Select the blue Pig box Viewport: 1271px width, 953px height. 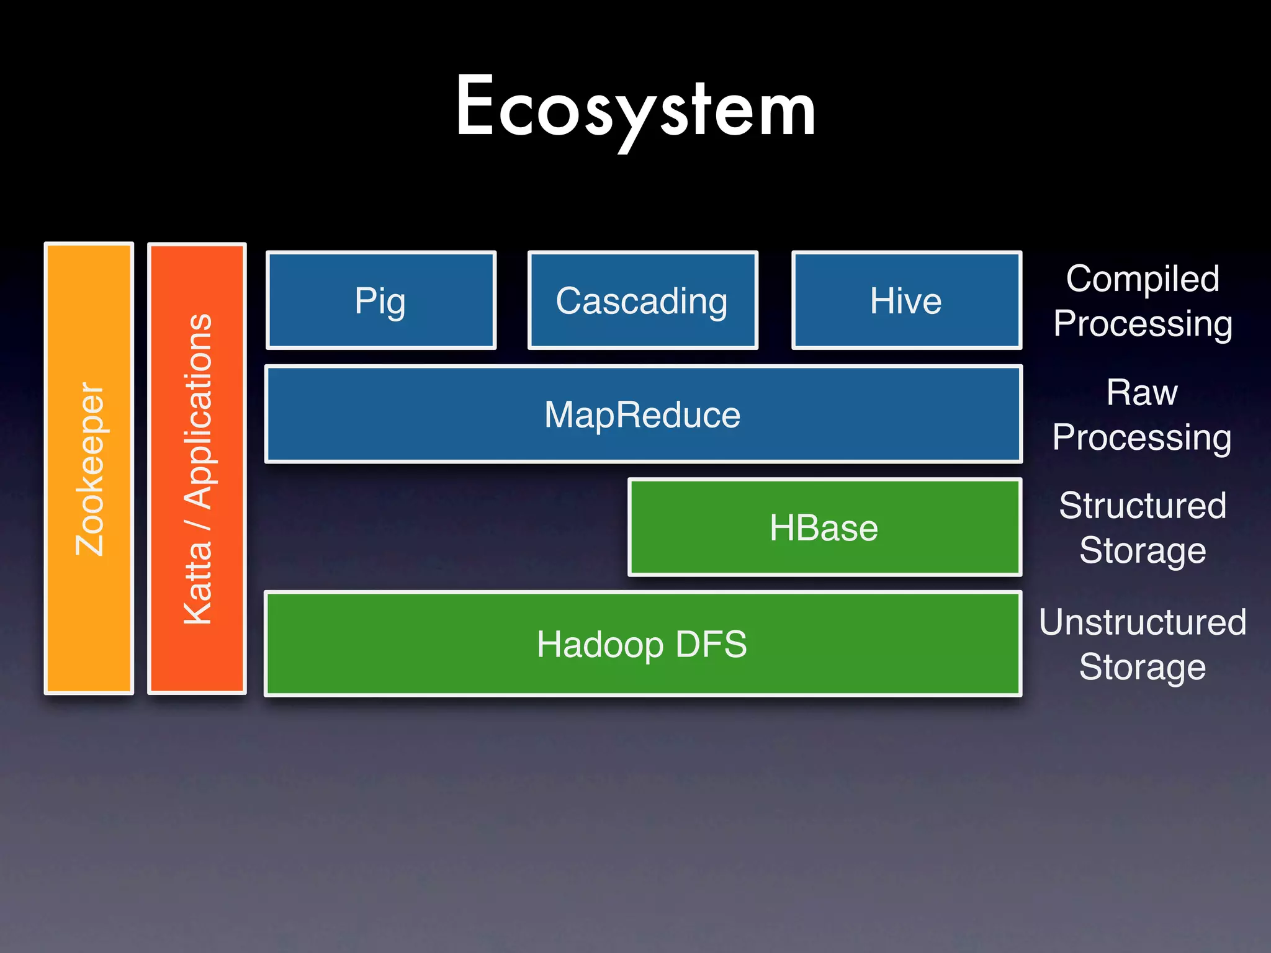tap(380, 300)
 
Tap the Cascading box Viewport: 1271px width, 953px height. tap(642, 300)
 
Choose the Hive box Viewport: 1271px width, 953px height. tap(905, 300)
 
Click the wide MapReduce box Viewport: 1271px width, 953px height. tap(642, 414)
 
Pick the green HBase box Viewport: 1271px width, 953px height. tap(824, 527)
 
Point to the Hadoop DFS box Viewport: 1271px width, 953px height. tap(642, 644)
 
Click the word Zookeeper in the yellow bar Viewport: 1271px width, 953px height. tap(89, 469)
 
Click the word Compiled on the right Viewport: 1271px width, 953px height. tap(1143, 279)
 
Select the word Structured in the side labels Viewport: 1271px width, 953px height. tap(1143, 505)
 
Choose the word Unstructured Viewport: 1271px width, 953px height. tap(1143, 622)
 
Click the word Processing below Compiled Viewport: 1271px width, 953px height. tap(1143, 324)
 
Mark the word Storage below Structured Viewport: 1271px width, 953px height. tap(1143, 550)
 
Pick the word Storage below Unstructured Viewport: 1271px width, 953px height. tap(1143, 667)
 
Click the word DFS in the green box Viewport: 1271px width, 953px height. tap(711, 644)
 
